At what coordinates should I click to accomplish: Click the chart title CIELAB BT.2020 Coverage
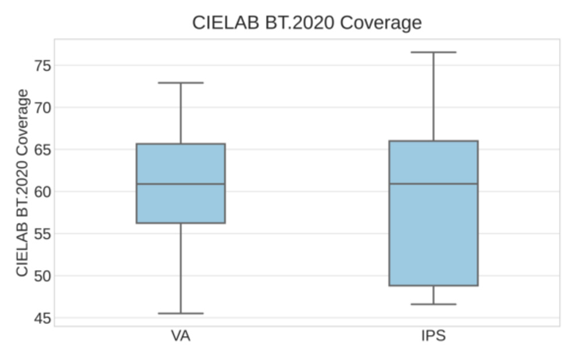[x=306, y=22]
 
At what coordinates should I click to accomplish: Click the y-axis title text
[x=22, y=182]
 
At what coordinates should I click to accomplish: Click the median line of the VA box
[x=181, y=184]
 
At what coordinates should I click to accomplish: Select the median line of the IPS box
[x=433, y=184]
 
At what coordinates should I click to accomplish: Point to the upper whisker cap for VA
[x=181, y=83]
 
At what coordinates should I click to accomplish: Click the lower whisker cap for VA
[x=181, y=313]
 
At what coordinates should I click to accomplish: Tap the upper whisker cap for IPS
[x=433, y=52]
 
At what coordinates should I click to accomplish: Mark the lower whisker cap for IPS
[x=433, y=304]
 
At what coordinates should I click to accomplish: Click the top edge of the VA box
[x=181, y=144]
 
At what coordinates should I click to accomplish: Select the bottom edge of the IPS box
[x=433, y=285]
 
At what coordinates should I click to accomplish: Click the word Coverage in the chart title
[x=381, y=22]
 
